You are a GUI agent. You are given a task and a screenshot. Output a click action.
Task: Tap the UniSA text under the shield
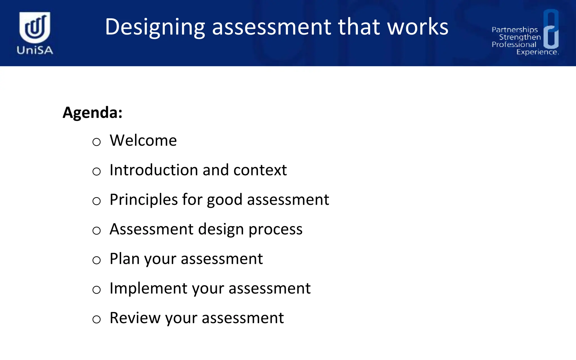[35, 50]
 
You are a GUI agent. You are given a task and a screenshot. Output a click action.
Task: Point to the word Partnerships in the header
[514, 30]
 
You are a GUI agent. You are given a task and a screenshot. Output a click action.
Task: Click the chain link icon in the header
[551, 29]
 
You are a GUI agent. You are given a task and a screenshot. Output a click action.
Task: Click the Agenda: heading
[93, 112]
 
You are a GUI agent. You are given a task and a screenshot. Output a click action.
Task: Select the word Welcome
[143, 140]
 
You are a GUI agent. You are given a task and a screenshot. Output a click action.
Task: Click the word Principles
[143, 200]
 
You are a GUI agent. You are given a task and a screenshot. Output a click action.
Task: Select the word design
[221, 229]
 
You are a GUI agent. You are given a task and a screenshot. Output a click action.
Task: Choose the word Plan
[124, 258]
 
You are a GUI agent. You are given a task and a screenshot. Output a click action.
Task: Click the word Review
[135, 318]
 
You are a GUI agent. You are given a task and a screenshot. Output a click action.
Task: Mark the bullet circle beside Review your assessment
[96, 319]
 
